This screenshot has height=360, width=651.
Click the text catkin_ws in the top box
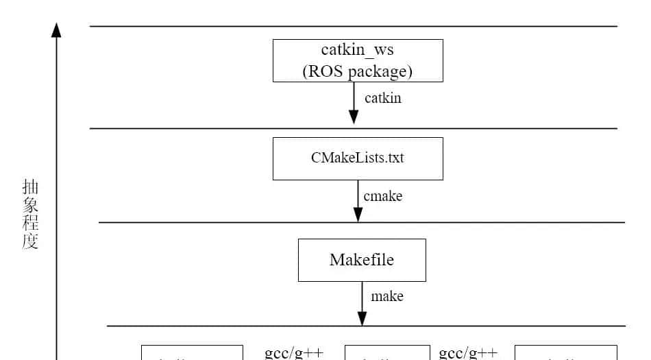point(358,51)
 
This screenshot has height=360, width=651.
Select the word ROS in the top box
point(324,71)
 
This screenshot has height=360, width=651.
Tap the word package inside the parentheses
point(380,71)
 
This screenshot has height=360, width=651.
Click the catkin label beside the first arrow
point(382,98)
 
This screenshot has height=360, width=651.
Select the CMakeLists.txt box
point(358,158)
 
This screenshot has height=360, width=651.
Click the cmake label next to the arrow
point(382,196)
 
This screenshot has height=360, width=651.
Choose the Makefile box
point(362,260)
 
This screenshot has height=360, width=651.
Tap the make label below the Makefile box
point(386,296)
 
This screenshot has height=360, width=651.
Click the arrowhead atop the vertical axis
point(57,29)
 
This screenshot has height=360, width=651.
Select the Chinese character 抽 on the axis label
point(30,187)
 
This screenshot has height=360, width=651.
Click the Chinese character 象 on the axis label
point(30,205)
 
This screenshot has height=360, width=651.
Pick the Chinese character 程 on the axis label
point(30,223)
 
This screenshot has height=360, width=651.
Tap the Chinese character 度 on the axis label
point(30,241)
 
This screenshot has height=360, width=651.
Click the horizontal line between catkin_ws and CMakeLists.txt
point(206,128)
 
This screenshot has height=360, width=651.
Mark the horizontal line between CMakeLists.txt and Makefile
point(206,222)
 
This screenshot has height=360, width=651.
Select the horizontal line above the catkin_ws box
point(206,26)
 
